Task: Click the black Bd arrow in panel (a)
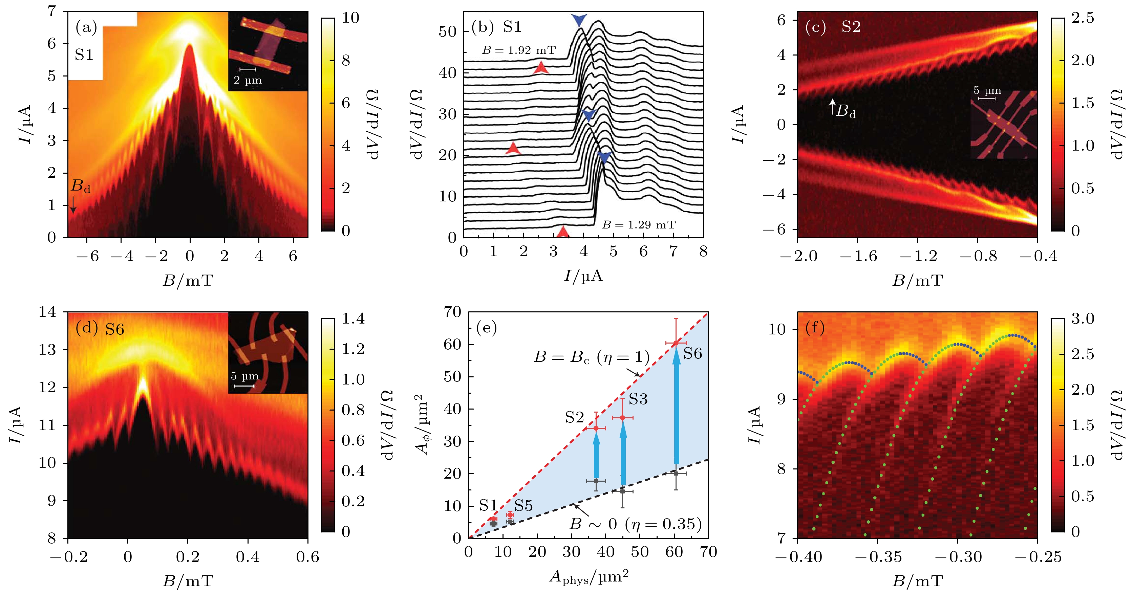[73, 204]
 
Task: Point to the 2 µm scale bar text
[248, 80]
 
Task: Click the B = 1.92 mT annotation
[518, 50]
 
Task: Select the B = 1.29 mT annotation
[639, 225]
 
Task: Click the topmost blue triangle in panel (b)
[579, 20]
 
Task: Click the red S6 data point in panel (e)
[676, 343]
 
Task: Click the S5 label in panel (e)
[523, 506]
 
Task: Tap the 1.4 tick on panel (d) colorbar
[353, 319]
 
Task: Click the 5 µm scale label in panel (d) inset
[244, 376]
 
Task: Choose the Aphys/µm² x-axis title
[589, 577]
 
